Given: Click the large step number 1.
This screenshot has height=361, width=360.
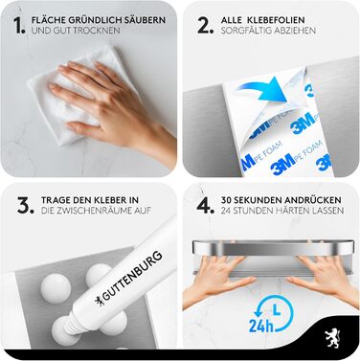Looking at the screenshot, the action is [x=19, y=26].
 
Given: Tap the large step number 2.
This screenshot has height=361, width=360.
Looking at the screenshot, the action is [x=206, y=26].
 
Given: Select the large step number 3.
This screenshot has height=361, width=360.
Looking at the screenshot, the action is [x=26, y=205].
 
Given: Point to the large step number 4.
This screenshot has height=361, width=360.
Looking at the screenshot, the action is [x=206, y=205].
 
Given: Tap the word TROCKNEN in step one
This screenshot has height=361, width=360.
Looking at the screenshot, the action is [x=100, y=31].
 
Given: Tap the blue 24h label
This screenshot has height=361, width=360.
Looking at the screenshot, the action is [x=261, y=326].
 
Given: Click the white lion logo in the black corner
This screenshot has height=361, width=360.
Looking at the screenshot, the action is [x=332, y=337].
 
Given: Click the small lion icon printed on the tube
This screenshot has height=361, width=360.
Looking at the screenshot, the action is [x=98, y=301].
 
